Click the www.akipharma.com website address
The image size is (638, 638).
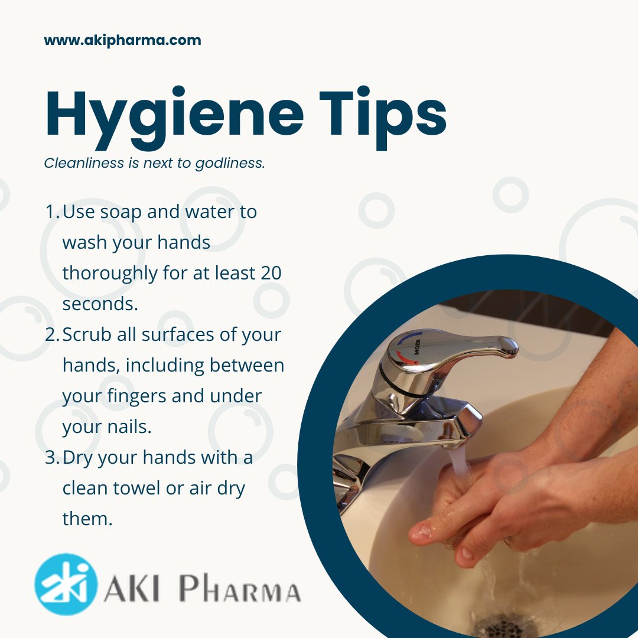pyautogui.click(x=122, y=40)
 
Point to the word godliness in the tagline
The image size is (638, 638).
pyautogui.click(x=230, y=163)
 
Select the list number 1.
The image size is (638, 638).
pyautogui.click(x=51, y=211)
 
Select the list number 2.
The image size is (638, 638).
pyautogui.click(x=52, y=335)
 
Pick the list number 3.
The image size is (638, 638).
pyautogui.click(x=52, y=458)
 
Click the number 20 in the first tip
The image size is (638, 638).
pyautogui.click(x=271, y=273)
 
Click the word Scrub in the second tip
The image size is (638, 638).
pyautogui.click(x=87, y=334)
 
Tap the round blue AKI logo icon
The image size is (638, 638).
pyautogui.click(x=66, y=584)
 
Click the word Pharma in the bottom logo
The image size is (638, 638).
pyautogui.click(x=240, y=588)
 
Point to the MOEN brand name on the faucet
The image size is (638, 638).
pyautogui.click(x=418, y=347)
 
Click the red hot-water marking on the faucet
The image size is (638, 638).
pyautogui.click(x=403, y=357)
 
